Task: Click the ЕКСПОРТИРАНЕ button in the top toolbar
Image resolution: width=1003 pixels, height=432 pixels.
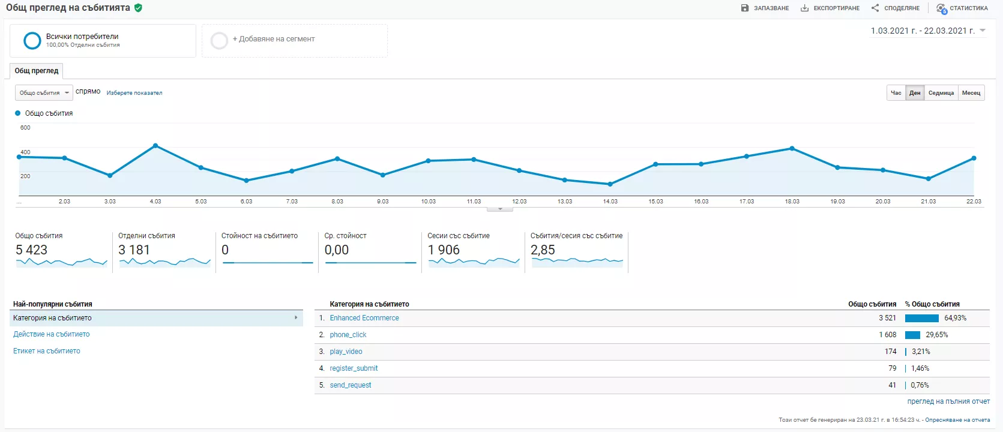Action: point(830,8)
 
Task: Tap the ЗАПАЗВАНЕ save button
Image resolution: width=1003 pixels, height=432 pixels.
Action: point(765,8)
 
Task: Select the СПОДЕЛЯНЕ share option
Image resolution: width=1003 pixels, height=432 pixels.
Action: point(896,8)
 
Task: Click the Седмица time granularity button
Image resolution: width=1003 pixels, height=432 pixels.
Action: point(941,92)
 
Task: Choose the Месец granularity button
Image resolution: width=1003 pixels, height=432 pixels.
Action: point(971,92)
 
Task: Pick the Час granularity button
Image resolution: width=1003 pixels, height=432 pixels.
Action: point(896,92)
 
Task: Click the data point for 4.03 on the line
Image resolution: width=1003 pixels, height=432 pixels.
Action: point(155,145)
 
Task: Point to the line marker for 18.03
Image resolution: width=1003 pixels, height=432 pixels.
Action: point(792,148)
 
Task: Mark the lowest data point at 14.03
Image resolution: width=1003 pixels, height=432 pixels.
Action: point(610,184)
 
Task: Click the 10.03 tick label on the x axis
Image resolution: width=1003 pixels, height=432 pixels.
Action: point(428,202)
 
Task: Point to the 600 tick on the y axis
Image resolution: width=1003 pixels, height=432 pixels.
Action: point(26,128)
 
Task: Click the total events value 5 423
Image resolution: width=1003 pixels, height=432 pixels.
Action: point(31,250)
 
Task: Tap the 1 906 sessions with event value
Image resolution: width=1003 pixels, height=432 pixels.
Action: point(444,250)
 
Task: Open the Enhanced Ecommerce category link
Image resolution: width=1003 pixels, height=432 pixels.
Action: point(364,318)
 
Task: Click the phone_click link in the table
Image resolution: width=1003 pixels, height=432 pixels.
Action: point(348,335)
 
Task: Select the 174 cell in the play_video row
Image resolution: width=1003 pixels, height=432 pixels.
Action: point(890,352)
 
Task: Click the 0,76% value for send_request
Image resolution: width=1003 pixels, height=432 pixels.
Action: point(920,385)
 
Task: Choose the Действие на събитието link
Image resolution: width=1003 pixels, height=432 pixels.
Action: point(52,334)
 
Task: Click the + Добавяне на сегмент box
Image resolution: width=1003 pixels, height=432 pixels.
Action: point(295,41)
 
